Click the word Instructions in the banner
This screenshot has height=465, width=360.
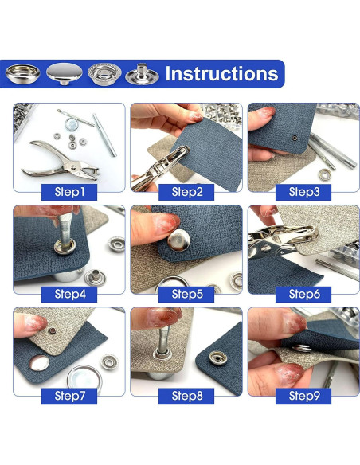pyautogui.click(x=221, y=73)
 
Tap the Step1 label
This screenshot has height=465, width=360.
pyautogui.click(x=69, y=192)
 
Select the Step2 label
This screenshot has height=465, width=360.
pyautogui.click(x=186, y=192)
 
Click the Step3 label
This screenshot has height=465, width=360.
pyautogui.click(x=303, y=192)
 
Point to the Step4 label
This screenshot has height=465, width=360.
pyautogui.click(x=69, y=294)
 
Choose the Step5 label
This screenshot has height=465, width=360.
pyautogui.click(x=186, y=294)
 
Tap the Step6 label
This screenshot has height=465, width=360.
pyautogui.click(x=303, y=294)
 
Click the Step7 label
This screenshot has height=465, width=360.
pyautogui.click(x=69, y=397)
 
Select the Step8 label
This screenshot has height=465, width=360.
pyautogui.click(x=186, y=397)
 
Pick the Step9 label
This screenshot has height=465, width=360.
pyautogui.click(x=303, y=397)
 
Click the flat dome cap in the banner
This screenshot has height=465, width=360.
pyautogui.click(x=65, y=73)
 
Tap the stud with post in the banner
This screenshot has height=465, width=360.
pyautogui.click(x=140, y=74)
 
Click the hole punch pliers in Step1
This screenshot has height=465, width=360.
pyautogui.click(x=61, y=160)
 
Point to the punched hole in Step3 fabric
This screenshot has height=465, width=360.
pyautogui.click(x=295, y=137)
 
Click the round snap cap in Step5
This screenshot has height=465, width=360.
pyautogui.click(x=179, y=240)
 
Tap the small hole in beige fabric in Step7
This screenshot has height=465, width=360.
pyautogui.click(x=53, y=331)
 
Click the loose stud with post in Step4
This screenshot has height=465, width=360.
pyautogui.click(x=95, y=278)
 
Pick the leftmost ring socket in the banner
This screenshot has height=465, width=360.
pyautogui.click(x=23, y=73)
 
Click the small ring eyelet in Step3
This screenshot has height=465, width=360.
pyautogui.click(x=325, y=174)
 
